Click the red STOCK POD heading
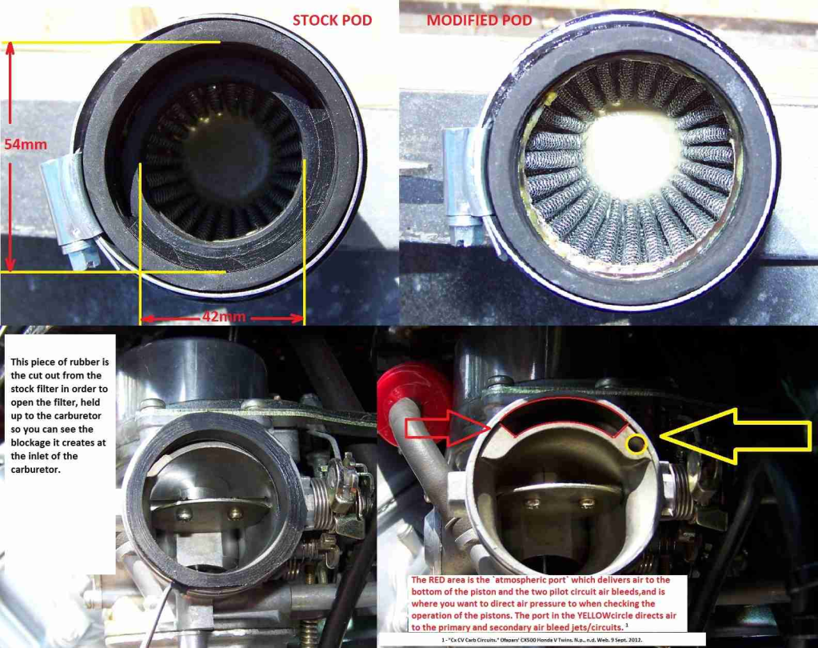click(x=332, y=20)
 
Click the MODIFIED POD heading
click(x=479, y=20)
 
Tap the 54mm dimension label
click(x=26, y=145)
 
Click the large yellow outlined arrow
click(x=736, y=436)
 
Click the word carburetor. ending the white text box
click(x=36, y=470)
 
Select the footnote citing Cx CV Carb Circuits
click(x=541, y=640)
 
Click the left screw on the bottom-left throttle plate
click(x=184, y=514)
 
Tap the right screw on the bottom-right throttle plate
click(x=587, y=503)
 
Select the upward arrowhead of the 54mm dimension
click(x=10, y=49)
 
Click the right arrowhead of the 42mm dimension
click(x=298, y=318)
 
